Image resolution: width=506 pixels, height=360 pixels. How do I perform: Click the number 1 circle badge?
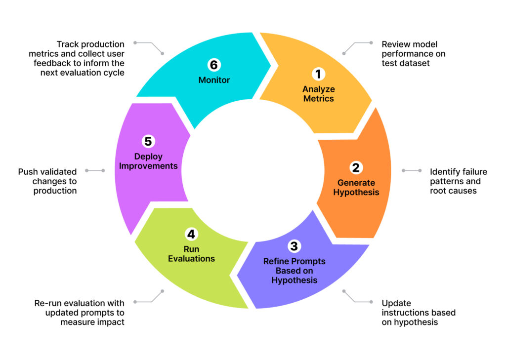[318, 74]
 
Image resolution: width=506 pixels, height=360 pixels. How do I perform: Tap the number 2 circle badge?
[356, 167]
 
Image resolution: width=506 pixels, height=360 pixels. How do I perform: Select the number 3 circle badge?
[294, 246]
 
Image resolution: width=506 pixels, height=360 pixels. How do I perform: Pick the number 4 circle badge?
[191, 234]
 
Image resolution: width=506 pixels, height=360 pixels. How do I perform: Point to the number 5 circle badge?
[148, 141]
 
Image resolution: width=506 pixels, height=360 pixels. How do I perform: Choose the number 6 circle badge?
[214, 65]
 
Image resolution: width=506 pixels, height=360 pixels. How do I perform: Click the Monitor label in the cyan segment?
[214, 80]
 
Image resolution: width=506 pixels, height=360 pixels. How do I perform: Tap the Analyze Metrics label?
[318, 94]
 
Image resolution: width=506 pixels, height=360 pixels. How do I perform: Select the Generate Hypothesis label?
[356, 187]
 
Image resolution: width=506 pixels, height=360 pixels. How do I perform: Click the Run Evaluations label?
[191, 254]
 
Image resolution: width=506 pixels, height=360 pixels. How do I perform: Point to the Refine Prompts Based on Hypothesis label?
[294, 271]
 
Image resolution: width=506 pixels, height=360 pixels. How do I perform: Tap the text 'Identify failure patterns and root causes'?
[458, 181]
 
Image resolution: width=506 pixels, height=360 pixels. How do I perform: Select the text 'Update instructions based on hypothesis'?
[418, 313]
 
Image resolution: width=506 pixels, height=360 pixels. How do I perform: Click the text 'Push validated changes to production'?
[47, 181]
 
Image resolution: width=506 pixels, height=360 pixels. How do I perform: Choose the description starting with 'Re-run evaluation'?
[79, 313]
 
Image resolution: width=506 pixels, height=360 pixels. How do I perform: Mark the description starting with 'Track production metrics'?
[83, 58]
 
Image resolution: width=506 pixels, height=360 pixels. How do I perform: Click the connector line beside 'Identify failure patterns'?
[412, 170]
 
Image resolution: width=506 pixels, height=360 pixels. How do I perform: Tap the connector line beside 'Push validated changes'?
[95, 170]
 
